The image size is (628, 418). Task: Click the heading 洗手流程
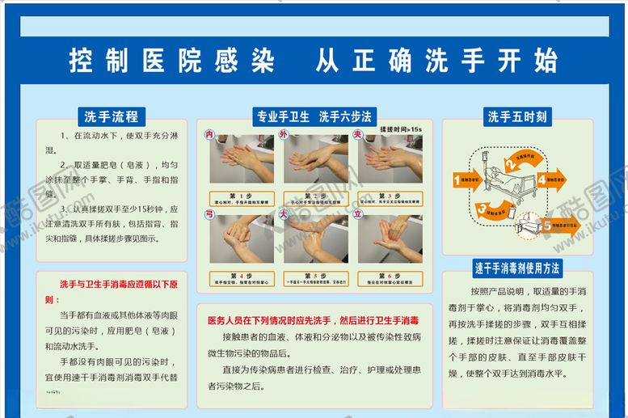(111, 116)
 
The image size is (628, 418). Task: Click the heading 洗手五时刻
(516, 116)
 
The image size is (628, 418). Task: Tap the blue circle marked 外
(284, 133)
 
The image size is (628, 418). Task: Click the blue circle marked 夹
(357, 134)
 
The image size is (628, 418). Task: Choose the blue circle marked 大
(284, 214)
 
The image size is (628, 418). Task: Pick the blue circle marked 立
(357, 214)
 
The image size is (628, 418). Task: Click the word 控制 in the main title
(91, 61)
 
